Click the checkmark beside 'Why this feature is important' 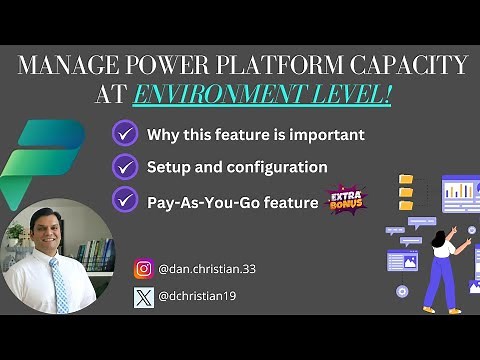pyautogui.click(x=125, y=133)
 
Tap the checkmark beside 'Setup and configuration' pyautogui.click(x=125, y=166)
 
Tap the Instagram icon pyautogui.click(x=144, y=268)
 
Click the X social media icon pyautogui.click(x=144, y=297)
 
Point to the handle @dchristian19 pyautogui.click(x=196, y=297)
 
